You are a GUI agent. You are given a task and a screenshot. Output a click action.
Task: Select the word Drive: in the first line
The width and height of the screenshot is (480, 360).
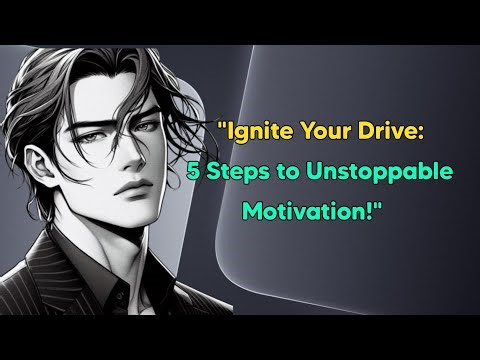383,130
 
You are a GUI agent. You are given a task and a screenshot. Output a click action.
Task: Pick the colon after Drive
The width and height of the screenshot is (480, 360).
410,132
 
